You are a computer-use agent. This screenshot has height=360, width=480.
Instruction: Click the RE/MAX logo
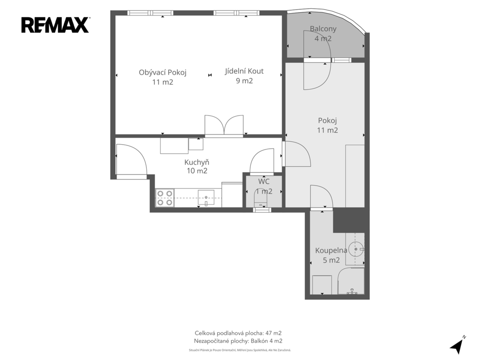[55, 25]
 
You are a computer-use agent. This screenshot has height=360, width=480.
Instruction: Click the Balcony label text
[323, 29]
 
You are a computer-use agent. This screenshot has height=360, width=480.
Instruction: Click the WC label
[264, 181]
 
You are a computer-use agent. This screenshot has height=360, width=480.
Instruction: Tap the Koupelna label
[331, 250]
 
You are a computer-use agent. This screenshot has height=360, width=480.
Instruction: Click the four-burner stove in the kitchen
[165, 198]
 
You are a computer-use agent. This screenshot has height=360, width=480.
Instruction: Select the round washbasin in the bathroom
[356, 249]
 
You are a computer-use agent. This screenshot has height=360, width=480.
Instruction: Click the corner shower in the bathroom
[351, 281]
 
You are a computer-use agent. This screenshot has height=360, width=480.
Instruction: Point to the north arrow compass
[457, 345]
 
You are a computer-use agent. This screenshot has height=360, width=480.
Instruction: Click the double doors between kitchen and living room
[224, 125]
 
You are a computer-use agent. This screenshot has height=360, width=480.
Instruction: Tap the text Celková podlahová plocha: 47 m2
[238, 333]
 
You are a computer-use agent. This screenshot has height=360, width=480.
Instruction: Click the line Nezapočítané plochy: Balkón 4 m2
[238, 341]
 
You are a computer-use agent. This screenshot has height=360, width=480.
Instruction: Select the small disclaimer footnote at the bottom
[240, 350]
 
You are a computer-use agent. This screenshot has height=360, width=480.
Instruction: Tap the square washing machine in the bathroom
[322, 285]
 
